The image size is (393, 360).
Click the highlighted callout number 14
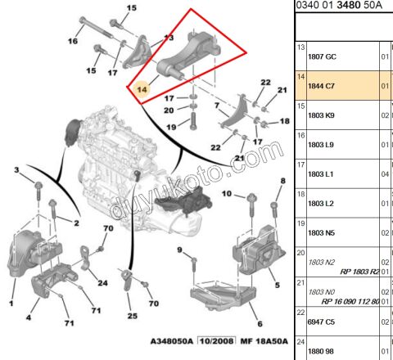tap(142, 88)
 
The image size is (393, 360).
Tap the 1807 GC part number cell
tap(322, 56)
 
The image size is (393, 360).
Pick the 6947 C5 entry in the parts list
tap(322, 322)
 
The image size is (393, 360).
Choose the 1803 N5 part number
tap(322, 232)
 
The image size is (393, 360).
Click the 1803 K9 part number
tap(322, 115)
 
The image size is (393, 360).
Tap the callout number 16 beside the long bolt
tap(72, 41)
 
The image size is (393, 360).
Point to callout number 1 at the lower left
tap(11, 304)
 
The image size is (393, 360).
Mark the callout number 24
tap(103, 283)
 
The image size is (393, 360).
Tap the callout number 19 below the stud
tap(171, 127)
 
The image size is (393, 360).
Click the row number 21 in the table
tap(300, 282)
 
